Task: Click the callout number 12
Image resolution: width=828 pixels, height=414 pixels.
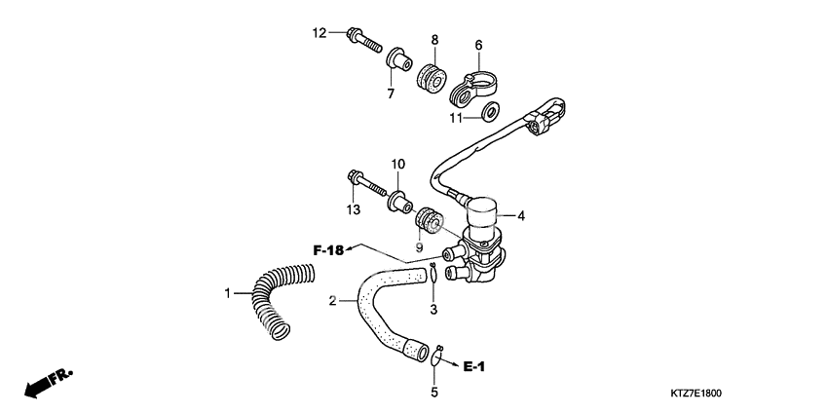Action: point(319,33)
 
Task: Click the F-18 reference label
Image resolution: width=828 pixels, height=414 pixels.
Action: point(328,250)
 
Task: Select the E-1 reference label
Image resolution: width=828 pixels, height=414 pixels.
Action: point(473,366)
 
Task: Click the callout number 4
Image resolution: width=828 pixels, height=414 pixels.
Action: point(521,216)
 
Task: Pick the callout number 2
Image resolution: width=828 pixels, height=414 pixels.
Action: point(333,301)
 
